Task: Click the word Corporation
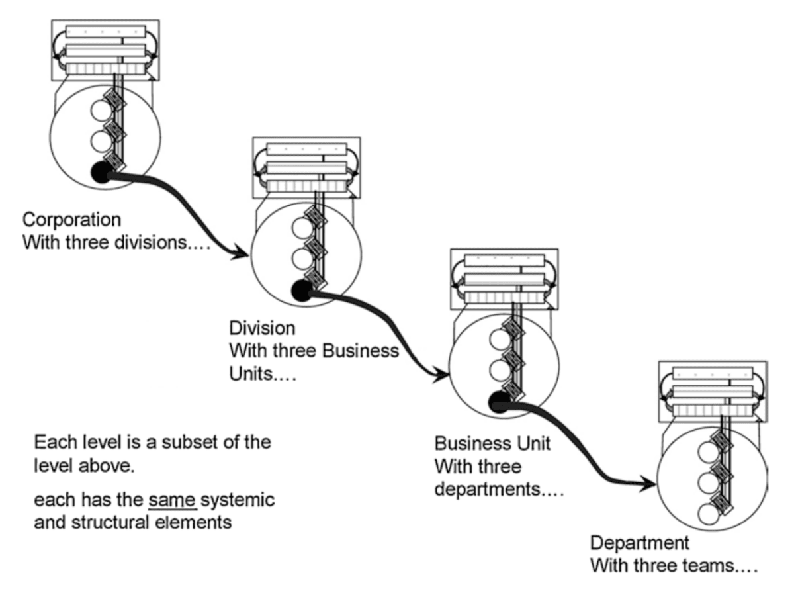71,219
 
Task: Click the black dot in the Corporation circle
101,173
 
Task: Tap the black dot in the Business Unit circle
498,400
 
